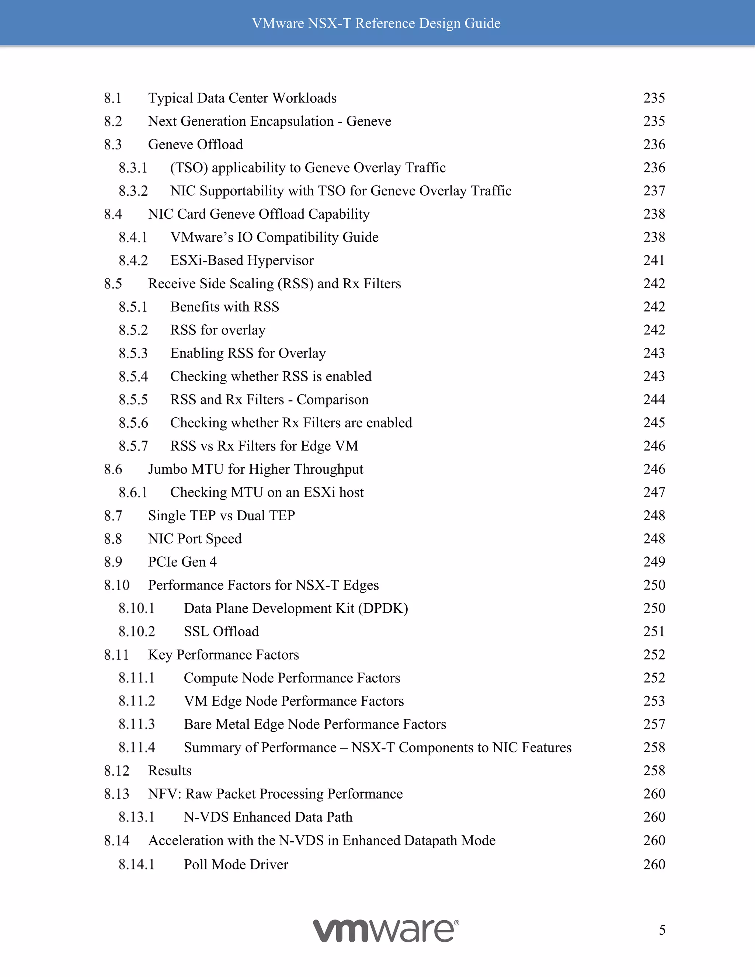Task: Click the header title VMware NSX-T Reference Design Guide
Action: (x=376, y=23)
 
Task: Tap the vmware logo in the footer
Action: (x=386, y=931)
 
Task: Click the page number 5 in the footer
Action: (x=662, y=930)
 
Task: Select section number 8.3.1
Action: (x=133, y=168)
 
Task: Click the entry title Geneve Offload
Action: (x=195, y=145)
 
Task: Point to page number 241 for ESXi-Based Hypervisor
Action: (x=654, y=260)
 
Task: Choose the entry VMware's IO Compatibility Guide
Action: (x=274, y=237)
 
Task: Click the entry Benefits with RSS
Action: (x=225, y=307)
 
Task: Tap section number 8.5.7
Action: (x=133, y=446)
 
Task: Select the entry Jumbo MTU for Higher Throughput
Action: (x=255, y=469)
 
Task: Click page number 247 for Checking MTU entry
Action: (x=654, y=493)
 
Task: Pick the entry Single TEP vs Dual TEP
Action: (x=222, y=516)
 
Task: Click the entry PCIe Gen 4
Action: (x=182, y=562)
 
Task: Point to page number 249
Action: (x=654, y=562)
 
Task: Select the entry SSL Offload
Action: (x=222, y=632)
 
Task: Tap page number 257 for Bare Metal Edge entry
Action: (x=654, y=724)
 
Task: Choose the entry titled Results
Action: (x=170, y=771)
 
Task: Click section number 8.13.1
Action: (x=136, y=817)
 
